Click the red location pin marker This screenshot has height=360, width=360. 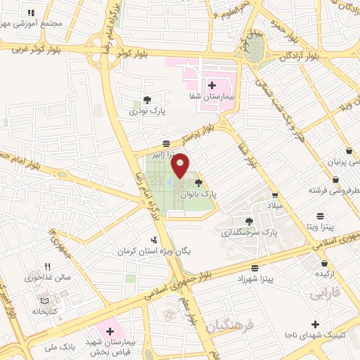(x=181, y=165)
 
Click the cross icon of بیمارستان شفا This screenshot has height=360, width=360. (x=212, y=85)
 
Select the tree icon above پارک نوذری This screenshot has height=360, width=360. (x=146, y=100)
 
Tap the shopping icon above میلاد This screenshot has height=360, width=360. (x=276, y=195)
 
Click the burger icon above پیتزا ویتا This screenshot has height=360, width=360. (x=321, y=215)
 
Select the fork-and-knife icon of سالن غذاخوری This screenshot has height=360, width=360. (x=47, y=266)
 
